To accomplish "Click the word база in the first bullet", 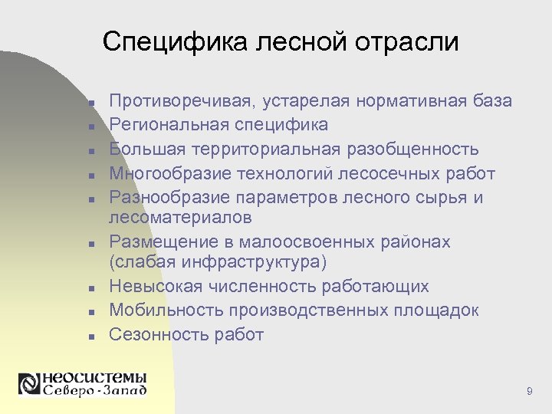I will point(492,101).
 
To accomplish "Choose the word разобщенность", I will point(412,149).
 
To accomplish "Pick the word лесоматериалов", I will point(180,218).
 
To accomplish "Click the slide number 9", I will point(530,392).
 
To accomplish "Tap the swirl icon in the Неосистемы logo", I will point(29,383).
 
